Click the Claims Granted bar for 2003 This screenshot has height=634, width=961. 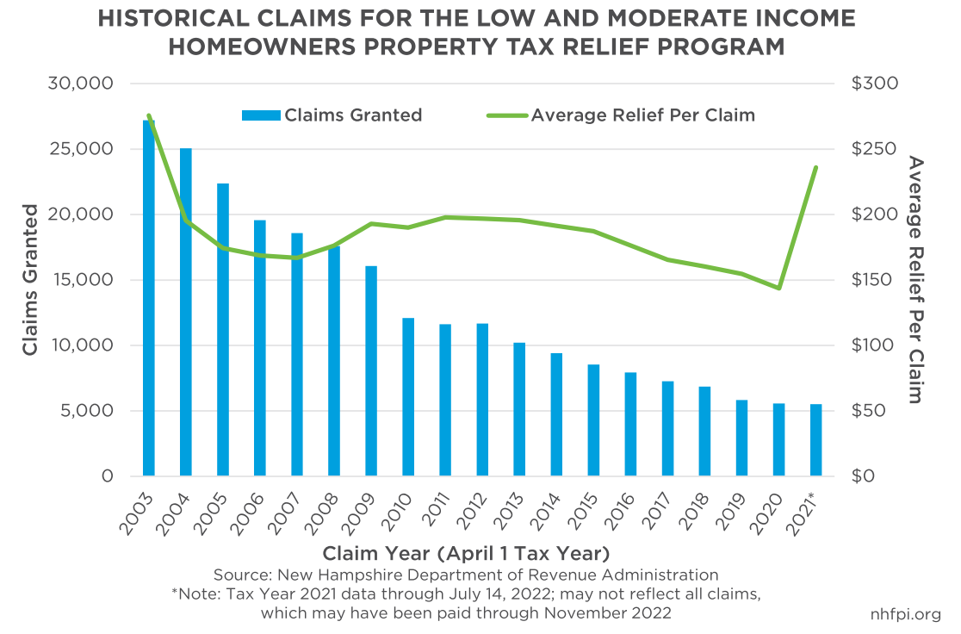pos(149,298)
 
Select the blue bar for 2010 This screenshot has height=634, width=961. pos(408,397)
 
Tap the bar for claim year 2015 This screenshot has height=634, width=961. pos(593,420)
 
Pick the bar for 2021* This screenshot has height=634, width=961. pos(815,440)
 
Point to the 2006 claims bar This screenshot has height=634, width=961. pos(260,348)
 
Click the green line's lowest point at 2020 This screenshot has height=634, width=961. pos(778,288)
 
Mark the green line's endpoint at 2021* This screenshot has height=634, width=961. pos(815,168)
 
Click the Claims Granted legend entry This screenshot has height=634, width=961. pos(332,115)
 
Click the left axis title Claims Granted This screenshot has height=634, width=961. pos(31,280)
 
